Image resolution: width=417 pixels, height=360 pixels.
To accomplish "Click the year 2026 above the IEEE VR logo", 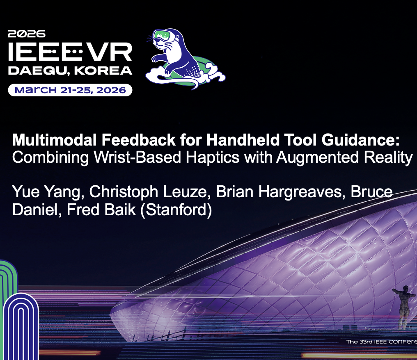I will pos(26,34).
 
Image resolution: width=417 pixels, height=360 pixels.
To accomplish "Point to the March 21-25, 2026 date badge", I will pos(70,90).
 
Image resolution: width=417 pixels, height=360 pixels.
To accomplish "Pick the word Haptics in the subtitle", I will pos(211,157).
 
